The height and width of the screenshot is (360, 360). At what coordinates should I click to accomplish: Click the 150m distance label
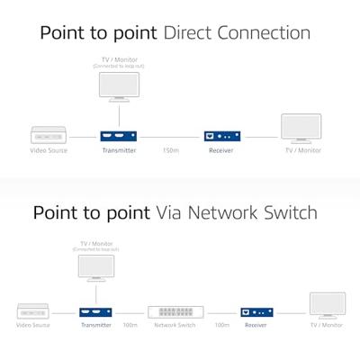tap(169, 150)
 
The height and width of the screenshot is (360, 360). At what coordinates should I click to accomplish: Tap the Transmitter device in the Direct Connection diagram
tap(119, 136)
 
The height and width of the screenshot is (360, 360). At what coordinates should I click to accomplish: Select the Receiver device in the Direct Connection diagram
tap(220, 136)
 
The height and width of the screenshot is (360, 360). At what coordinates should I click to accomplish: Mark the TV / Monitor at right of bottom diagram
tap(326, 305)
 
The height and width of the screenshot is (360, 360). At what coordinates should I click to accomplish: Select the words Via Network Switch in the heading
tap(237, 213)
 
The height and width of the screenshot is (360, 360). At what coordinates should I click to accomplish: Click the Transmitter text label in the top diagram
tap(119, 150)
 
